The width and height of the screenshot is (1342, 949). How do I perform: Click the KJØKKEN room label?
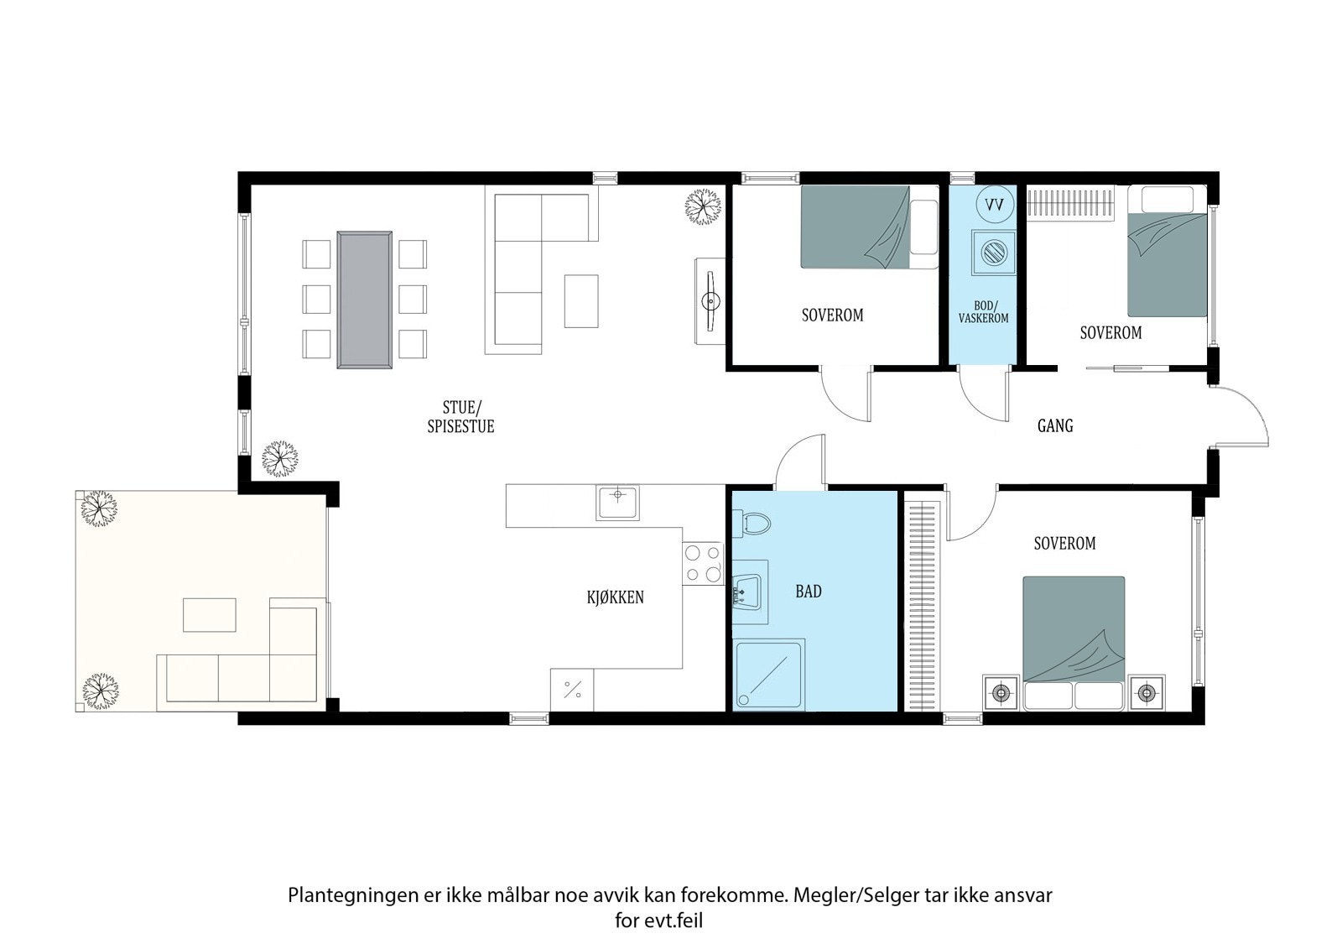point(616,597)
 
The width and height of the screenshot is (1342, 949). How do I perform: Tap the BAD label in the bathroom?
point(809,592)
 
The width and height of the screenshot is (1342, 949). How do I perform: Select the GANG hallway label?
point(1055,425)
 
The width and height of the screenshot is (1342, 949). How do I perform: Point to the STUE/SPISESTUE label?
point(460,417)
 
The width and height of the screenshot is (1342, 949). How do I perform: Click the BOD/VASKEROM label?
point(983,312)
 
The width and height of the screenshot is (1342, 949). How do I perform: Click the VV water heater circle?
point(995,205)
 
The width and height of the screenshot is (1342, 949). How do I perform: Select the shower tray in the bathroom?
point(768,675)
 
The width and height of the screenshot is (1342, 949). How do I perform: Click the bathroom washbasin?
point(747,592)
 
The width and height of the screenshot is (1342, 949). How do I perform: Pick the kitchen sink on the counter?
point(617,503)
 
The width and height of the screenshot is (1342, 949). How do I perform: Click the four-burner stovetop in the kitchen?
point(703,564)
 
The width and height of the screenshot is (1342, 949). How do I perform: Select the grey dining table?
point(364,300)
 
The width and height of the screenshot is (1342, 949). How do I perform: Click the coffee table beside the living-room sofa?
point(581,301)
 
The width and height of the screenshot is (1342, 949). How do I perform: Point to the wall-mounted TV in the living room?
point(710,301)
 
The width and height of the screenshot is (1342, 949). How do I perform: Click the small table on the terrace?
point(209,614)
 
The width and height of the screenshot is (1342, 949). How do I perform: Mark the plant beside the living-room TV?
point(703,206)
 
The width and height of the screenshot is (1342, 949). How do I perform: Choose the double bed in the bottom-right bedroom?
point(1074,644)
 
